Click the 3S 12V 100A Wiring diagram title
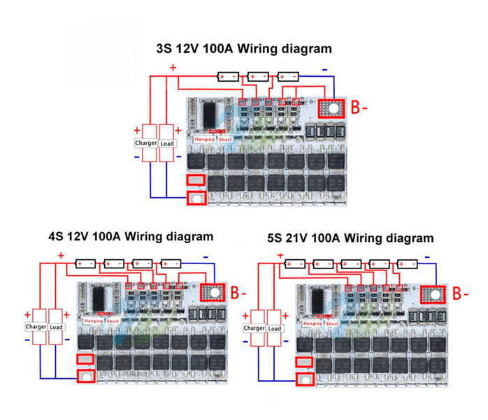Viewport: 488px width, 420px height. click(244, 49)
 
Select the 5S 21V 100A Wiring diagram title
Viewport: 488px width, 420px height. click(350, 238)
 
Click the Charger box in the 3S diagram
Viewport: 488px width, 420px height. click(147, 143)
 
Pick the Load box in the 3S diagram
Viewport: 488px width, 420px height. click(167, 143)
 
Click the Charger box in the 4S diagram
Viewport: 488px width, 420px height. click(36, 326)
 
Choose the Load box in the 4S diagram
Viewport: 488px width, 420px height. click(57, 326)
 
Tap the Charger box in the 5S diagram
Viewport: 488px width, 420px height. click(254, 328)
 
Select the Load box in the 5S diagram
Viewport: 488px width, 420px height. click(275, 328)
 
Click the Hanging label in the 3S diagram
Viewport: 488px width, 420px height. click(205, 139)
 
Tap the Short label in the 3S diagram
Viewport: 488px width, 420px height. click(224, 139)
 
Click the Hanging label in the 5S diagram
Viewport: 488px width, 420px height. click(313, 324)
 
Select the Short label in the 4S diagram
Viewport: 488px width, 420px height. click(113, 321)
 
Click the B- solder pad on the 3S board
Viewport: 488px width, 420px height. click(331, 109)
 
